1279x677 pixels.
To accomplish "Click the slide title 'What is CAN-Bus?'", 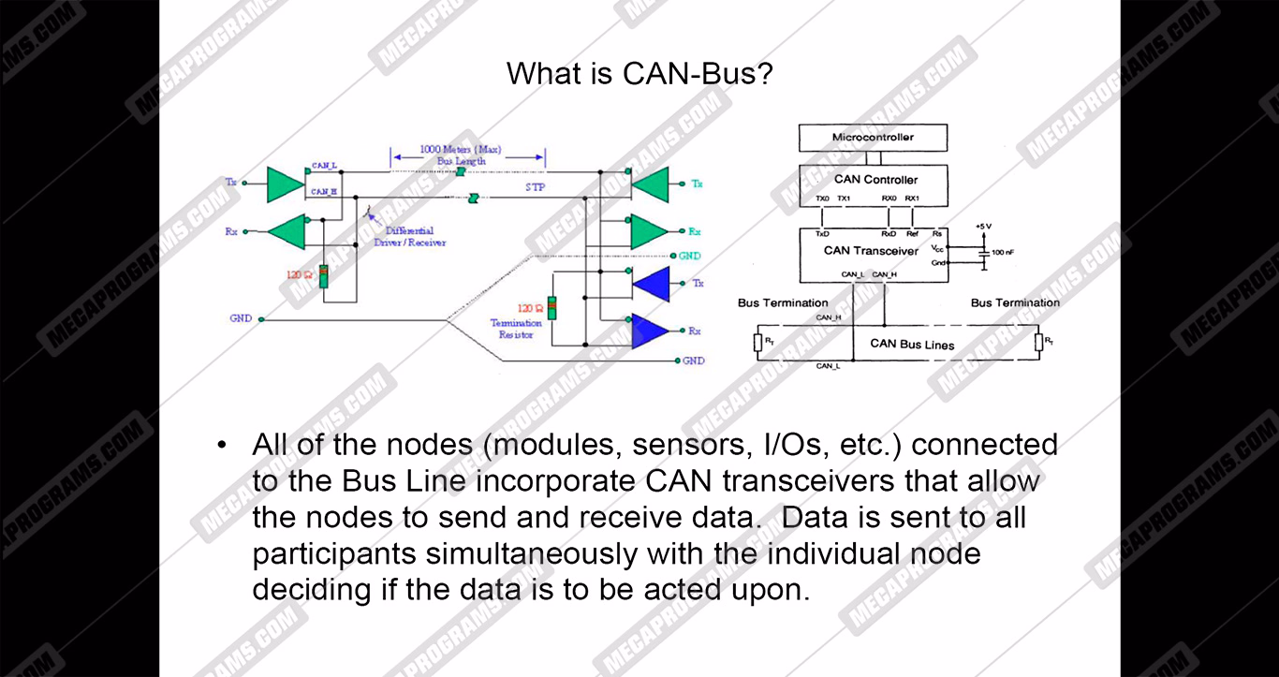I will coord(639,73).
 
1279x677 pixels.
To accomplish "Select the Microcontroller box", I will coord(873,138).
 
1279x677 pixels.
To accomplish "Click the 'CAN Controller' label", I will coord(875,179).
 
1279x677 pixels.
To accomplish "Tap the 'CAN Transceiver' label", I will coord(871,250).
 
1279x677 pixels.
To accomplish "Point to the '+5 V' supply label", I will coord(982,226).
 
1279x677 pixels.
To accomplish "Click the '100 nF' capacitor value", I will coord(1003,253).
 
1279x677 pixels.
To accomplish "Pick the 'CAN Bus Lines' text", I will coord(912,344).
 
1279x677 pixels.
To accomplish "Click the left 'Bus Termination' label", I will coord(783,302).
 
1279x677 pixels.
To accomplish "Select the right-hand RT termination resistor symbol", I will coord(1038,343).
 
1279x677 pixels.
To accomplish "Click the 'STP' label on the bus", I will coord(535,187).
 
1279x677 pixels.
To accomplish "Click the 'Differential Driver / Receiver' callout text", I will coord(415,236).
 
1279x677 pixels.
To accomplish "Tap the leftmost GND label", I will coord(241,318).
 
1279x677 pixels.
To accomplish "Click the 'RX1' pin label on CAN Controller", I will coord(912,199).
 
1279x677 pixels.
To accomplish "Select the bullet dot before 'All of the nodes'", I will coord(222,445).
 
